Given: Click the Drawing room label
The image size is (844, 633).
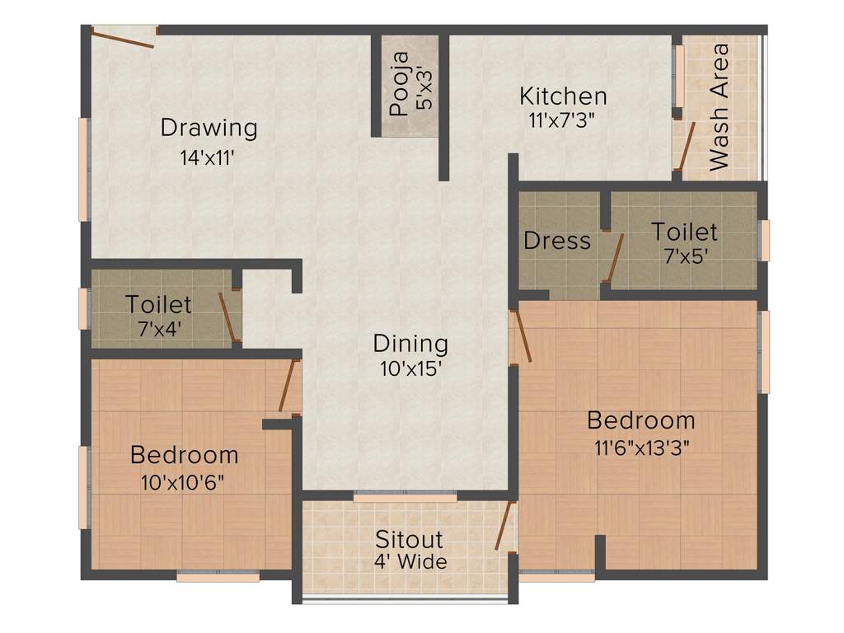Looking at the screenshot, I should (x=209, y=128).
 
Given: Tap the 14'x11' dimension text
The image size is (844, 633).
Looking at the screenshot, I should (x=209, y=157).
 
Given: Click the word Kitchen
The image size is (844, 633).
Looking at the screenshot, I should (x=563, y=96).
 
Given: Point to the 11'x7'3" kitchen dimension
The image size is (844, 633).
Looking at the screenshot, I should (x=563, y=119).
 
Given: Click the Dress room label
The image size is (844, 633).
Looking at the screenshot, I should (x=557, y=241).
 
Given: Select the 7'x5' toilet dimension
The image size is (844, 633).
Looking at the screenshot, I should (x=684, y=256).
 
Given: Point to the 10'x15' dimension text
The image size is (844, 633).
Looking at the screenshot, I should (x=410, y=369).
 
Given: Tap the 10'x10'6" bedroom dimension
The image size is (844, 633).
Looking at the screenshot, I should (x=184, y=481).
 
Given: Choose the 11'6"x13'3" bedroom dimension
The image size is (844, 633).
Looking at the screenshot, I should (x=640, y=448).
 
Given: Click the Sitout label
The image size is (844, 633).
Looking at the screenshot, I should (x=409, y=540).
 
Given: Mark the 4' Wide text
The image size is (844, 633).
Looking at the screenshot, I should (x=409, y=562).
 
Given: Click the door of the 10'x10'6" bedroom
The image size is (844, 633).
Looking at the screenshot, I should (x=287, y=387).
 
